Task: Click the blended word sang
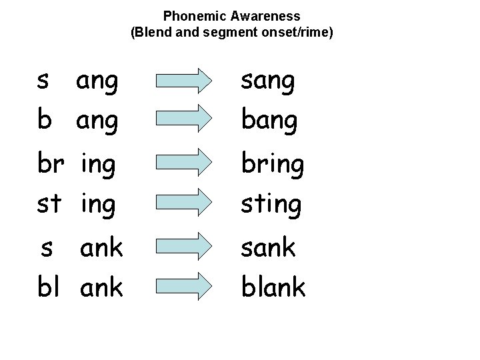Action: point(267,82)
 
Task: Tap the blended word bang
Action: point(269,121)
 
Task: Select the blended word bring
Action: point(273,164)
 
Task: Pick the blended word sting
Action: point(271,203)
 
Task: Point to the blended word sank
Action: point(268,247)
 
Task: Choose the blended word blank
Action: point(273,287)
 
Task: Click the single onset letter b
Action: point(44,121)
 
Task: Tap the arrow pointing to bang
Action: point(182,119)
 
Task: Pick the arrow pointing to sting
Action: point(182,203)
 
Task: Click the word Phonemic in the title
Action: point(189,16)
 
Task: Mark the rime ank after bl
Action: point(101,287)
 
